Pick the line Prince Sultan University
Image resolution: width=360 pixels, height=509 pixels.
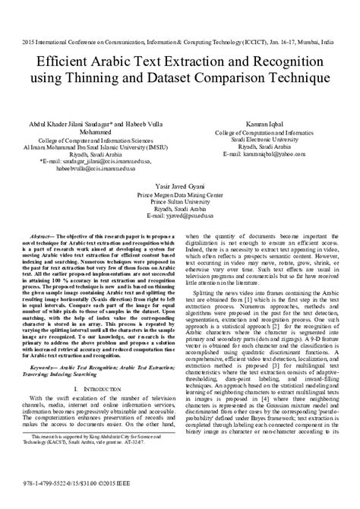tap(181, 202)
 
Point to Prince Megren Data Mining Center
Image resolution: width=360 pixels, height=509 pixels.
tap(181, 194)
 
